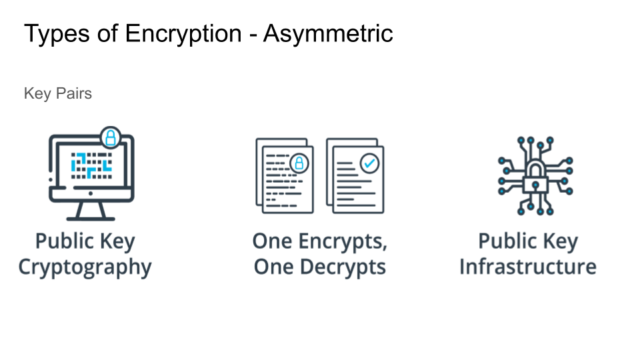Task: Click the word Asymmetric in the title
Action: point(328,33)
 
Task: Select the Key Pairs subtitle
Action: point(58,93)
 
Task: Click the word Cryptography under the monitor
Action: point(85,267)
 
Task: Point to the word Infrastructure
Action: point(527,267)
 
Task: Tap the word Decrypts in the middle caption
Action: point(344,267)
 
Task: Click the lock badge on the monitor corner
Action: point(111,138)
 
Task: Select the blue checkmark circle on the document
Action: point(368,162)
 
